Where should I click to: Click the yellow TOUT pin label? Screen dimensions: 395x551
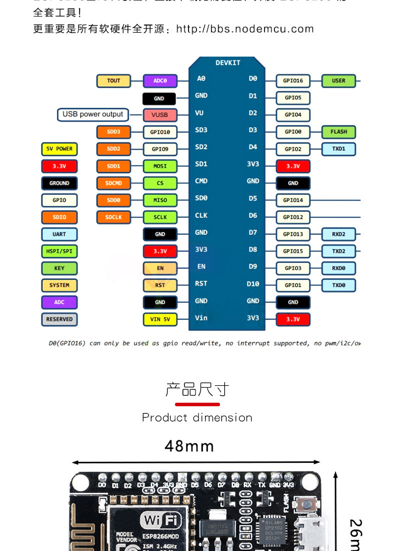pyautogui.click(x=113, y=81)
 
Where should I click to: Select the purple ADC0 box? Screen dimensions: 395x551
pyautogui.click(x=160, y=81)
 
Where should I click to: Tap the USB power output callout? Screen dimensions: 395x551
pyautogui.click(x=92, y=114)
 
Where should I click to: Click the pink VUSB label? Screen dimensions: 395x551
pyautogui.click(x=160, y=115)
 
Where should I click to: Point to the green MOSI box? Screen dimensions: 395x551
pyautogui.click(x=160, y=166)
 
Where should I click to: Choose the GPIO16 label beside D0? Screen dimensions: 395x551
pyautogui.click(x=293, y=81)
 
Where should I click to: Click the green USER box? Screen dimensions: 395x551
pyautogui.click(x=338, y=81)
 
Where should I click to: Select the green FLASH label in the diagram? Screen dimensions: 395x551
pyautogui.click(x=338, y=132)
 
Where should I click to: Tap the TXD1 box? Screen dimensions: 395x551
pyautogui.click(x=338, y=149)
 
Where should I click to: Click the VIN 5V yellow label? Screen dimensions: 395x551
pyautogui.click(x=160, y=319)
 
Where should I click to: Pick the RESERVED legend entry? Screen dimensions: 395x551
pyautogui.click(x=59, y=319)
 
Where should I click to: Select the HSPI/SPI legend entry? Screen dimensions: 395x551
pyautogui.click(x=59, y=251)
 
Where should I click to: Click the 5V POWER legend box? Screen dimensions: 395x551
pyautogui.click(x=59, y=149)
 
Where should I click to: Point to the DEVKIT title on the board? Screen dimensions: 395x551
pyautogui.click(x=228, y=63)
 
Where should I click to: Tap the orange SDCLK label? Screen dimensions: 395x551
pyautogui.click(x=113, y=217)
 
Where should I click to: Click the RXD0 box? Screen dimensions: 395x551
pyautogui.click(x=338, y=268)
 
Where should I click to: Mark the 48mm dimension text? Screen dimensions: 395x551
pyautogui.click(x=189, y=446)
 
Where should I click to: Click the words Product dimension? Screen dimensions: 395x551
pyautogui.click(x=197, y=417)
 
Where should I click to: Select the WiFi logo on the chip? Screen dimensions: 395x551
pyautogui.click(x=161, y=520)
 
